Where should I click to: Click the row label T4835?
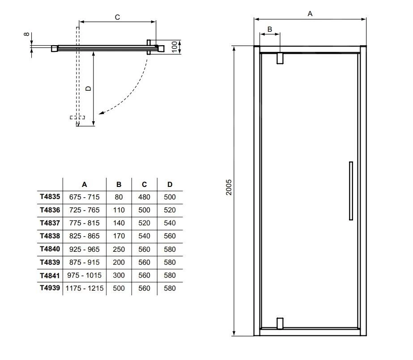click(50, 197)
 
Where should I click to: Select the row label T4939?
click(50, 288)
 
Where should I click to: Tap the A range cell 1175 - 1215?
click(85, 288)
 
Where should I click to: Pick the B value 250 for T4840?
click(119, 249)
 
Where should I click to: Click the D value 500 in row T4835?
click(170, 197)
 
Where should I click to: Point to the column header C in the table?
click(144, 184)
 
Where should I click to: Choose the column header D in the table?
click(170, 184)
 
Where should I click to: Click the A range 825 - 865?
click(85, 236)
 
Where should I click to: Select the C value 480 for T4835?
click(144, 197)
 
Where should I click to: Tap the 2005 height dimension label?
click(228, 191)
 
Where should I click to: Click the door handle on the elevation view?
click(351, 191)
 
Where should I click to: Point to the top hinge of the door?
click(280, 58)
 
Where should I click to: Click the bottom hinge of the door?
click(280, 323)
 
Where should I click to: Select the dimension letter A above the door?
click(310, 14)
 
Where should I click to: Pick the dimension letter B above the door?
click(269, 29)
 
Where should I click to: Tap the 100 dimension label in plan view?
click(174, 47)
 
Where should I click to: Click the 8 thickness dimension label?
click(26, 34)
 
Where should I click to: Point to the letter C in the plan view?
click(117, 17)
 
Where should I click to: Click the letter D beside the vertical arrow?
click(88, 89)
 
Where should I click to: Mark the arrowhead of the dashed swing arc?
click(101, 114)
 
